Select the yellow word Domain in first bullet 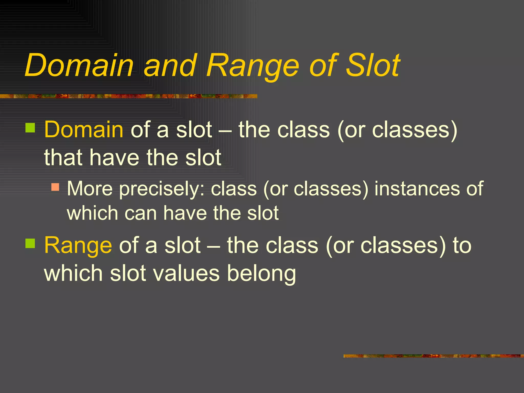point(84,130)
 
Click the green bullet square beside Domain point(30,128)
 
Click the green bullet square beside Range point(30,243)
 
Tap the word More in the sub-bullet point(90,189)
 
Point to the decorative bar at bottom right point(433,356)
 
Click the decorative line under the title point(128,96)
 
